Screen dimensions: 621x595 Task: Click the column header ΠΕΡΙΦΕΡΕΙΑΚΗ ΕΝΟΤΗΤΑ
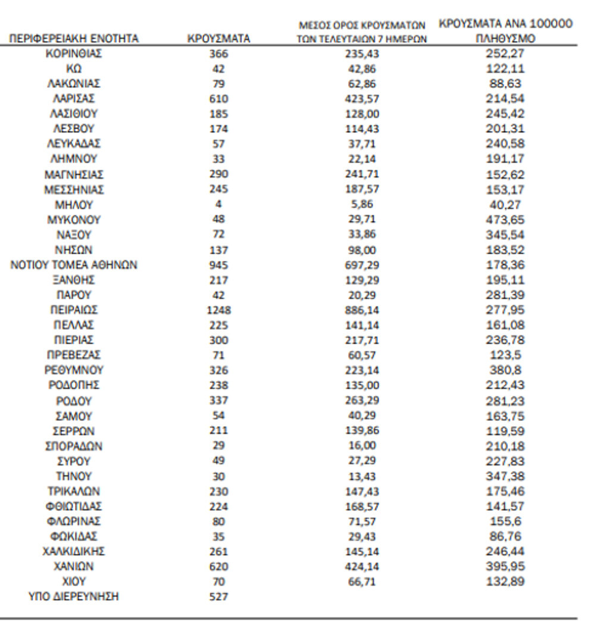[74, 39]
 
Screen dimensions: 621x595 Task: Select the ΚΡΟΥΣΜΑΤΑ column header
[218, 39]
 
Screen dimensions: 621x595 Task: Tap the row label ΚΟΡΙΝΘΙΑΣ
[74, 53]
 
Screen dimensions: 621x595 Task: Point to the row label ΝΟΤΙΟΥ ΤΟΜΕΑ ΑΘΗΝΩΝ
[74, 265]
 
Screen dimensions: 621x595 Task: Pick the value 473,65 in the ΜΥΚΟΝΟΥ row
[506, 220]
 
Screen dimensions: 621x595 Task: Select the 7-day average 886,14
[362, 310]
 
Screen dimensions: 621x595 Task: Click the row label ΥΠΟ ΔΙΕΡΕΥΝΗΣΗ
[74, 596]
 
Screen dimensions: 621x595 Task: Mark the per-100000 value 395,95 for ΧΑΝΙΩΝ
[506, 566]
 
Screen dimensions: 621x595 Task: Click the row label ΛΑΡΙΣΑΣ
[74, 98]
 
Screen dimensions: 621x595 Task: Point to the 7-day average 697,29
[362, 265]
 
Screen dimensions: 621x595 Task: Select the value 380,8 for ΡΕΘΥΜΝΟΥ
[506, 370]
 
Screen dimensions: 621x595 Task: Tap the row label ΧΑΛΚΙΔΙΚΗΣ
[74, 551]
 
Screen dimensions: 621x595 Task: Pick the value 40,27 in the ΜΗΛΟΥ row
[506, 204]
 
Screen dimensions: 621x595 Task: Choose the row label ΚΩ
[74, 68]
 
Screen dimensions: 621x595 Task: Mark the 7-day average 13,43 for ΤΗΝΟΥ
[362, 476]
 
